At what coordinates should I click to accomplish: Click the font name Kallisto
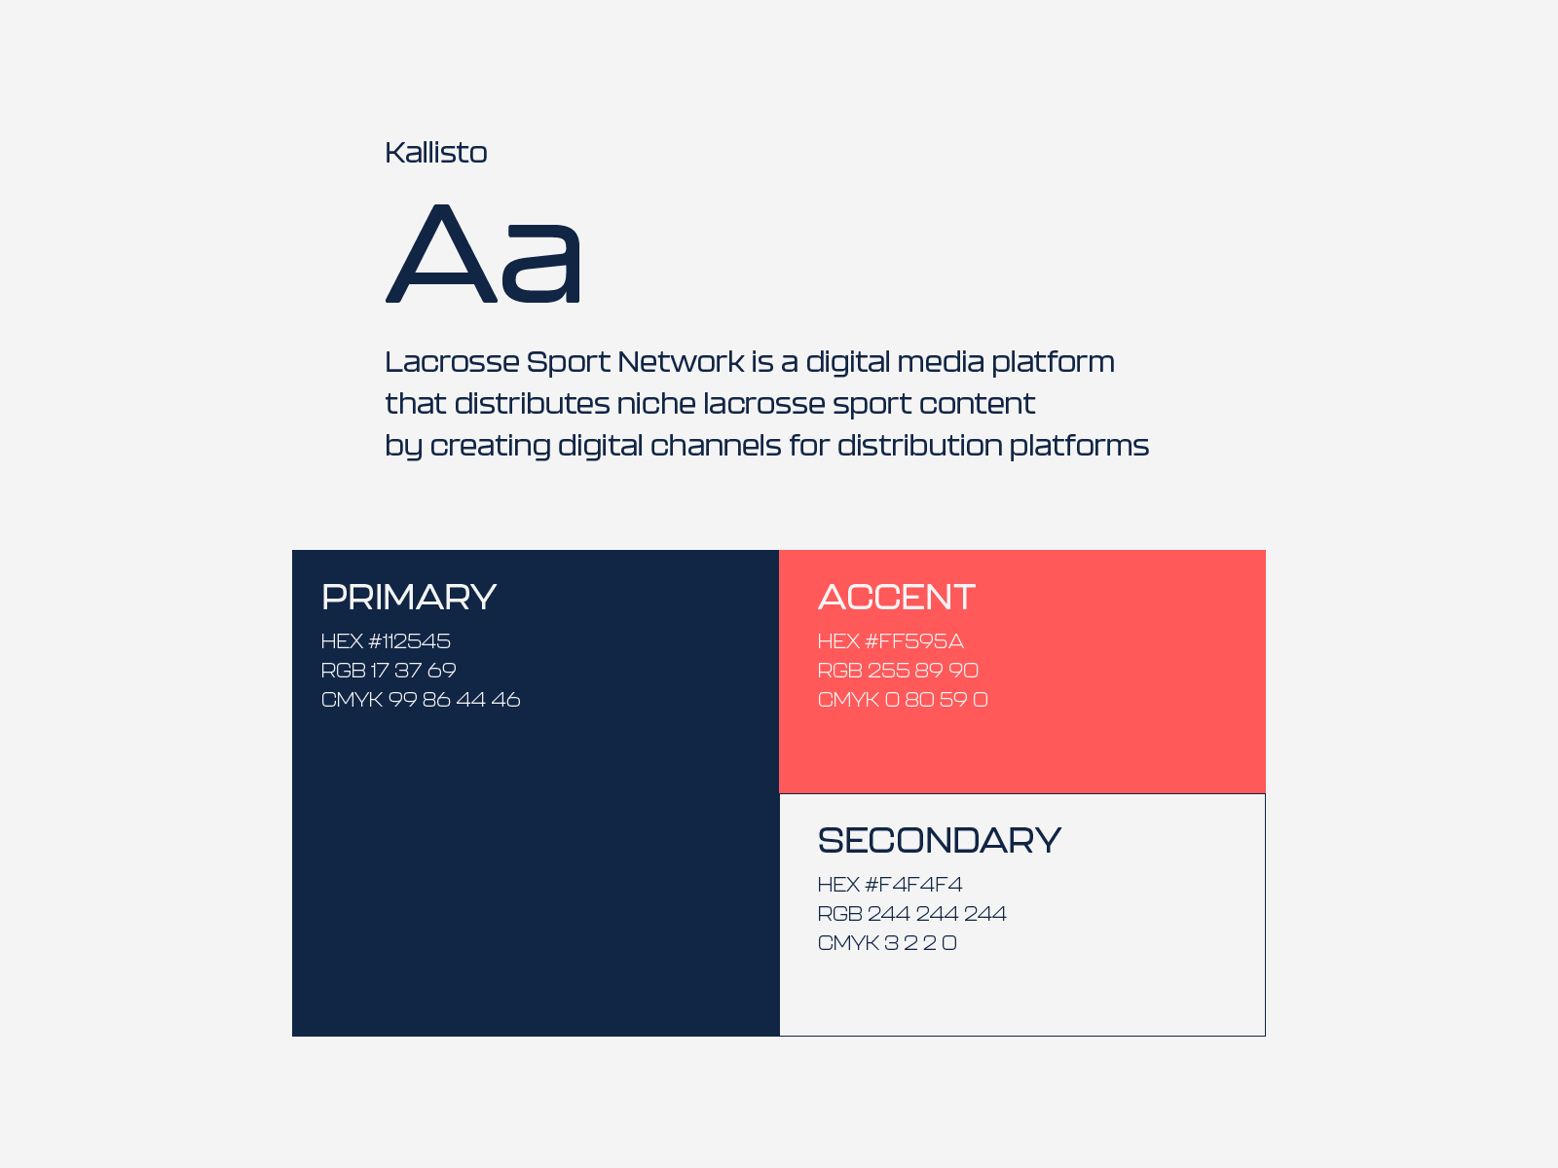[x=436, y=153]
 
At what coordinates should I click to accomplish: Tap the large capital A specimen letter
[x=441, y=253]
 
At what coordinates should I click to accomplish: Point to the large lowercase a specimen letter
[x=540, y=262]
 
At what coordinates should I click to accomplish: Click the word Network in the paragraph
[x=681, y=362]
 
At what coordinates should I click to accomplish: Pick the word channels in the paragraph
[x=716, y=446]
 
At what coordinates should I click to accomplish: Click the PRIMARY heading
[x=409, y=597]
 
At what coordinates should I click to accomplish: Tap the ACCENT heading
[x=897, y=597]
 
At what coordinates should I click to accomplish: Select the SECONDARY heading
[x=940, y=840]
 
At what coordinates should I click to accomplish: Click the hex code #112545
[x=410, y=641]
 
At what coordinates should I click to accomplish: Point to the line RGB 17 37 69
[x=389, y=671]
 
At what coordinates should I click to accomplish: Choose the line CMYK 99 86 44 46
[x=421, y=699]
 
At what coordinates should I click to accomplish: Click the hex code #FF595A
[x=914, y=641]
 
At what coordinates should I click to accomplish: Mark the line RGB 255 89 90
[x=898, y=671]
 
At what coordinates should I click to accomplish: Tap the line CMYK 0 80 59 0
[x=903, y=699]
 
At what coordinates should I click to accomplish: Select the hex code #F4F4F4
[x=913, y=885]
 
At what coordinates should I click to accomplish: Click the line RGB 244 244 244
[x=912, y=913]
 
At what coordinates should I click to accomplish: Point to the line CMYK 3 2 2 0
[x=887, y=942]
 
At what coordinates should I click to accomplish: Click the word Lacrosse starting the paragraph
[x=452, y=362]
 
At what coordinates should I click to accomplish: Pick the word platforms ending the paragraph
[x=1079, y=447]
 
